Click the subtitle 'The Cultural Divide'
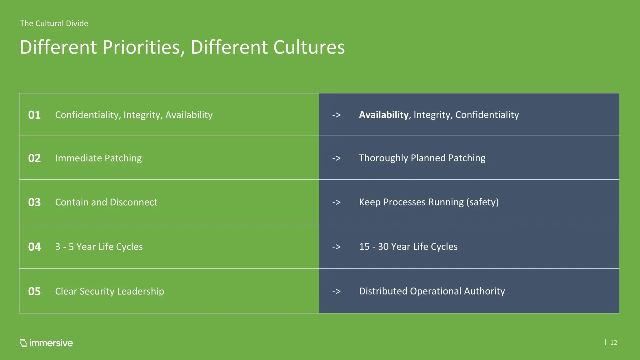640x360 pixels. point(54,23)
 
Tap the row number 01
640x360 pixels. point(34,115)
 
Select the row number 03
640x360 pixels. point(34,202)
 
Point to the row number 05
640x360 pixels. point(34,291)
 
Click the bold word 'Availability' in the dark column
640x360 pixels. point(383,115)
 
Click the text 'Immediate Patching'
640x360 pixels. point(98,158)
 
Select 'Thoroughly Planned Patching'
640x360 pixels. point(422,158)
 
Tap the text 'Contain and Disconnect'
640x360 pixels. point(106,202)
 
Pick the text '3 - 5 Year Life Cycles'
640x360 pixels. point(99,247)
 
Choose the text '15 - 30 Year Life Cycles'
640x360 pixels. point(408,247)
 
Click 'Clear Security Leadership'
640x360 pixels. point(109,291)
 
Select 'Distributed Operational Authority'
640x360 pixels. point(432,291)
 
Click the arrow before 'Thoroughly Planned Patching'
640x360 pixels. point(336,158)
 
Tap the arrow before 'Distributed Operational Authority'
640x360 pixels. point(336,291)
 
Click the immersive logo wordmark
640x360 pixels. point(51,343)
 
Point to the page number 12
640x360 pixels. point(613,342)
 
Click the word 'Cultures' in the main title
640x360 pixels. point(309,47)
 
